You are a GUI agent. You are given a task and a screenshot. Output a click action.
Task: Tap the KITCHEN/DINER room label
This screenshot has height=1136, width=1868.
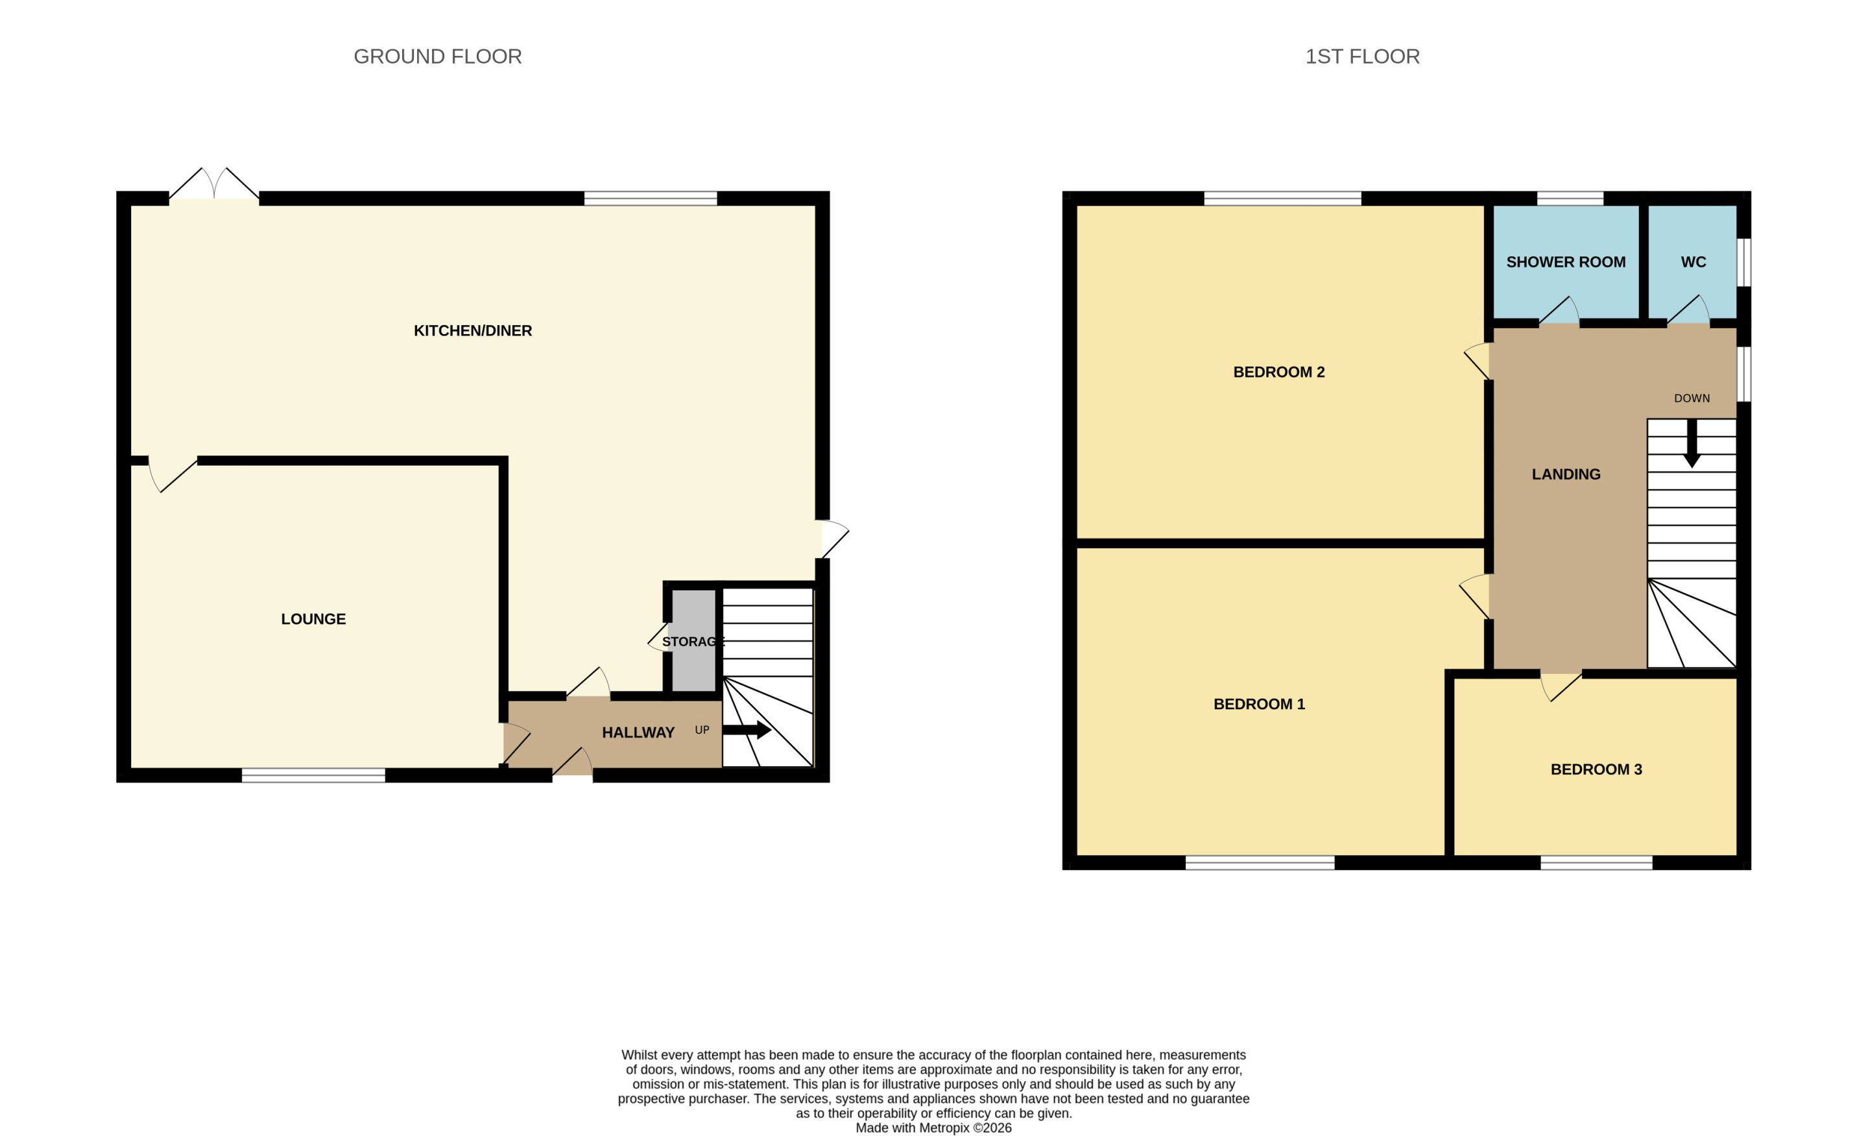click(472, 331)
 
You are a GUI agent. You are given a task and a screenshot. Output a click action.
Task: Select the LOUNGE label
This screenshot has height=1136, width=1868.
click(313, 619)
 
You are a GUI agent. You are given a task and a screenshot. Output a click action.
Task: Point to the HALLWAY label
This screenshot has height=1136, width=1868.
click(638, 732)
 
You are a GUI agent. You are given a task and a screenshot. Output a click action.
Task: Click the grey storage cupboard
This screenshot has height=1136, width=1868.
click(693, 641)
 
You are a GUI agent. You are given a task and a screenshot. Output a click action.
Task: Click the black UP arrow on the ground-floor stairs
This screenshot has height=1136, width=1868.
click(747, 731)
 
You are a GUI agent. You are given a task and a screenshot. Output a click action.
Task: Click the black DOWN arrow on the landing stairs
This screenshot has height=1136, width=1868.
click(1692, 443)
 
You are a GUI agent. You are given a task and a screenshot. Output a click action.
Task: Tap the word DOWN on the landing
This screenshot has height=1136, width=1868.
click(1692, 398)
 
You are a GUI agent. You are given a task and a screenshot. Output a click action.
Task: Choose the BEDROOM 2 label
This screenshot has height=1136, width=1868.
click(1279, 372)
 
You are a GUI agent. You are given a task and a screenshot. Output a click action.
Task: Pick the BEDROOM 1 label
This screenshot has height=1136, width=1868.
click(1259, 705)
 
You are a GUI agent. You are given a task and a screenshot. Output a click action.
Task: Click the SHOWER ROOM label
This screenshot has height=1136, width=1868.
click(1566, 262)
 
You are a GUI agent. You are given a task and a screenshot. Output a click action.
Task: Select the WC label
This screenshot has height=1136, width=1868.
click(1693, 262)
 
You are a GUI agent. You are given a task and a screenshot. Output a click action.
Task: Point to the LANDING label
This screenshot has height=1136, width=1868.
click(1566, 475)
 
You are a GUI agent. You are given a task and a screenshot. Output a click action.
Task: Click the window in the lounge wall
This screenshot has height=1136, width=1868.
click(313, 775)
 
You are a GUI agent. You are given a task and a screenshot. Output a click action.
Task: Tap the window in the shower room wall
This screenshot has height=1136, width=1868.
click(1570, 199)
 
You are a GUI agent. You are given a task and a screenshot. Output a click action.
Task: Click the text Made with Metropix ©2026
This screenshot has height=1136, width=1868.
click(933, 1128)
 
